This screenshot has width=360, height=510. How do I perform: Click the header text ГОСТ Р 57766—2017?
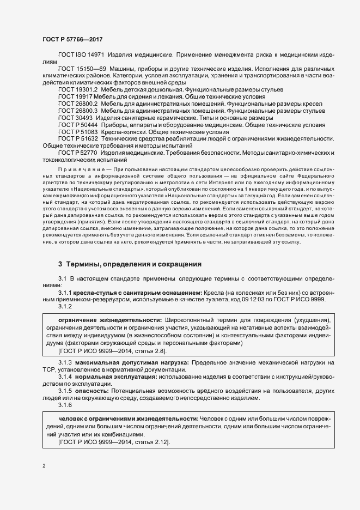coord(71,39)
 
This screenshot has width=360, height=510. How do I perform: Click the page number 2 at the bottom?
coord(44,466)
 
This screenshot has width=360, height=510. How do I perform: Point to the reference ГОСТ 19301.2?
coord(78,89)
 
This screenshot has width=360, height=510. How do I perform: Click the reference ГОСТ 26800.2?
coord(78,103)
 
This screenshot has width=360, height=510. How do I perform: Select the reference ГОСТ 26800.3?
coord(78,111)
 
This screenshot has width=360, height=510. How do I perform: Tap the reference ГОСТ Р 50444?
coord(78,125)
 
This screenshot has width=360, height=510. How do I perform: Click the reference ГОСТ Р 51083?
coord(78,132)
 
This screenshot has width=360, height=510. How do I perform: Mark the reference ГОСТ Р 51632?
coord(78,139)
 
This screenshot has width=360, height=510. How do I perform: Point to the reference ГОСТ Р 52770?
coord(78,153)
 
